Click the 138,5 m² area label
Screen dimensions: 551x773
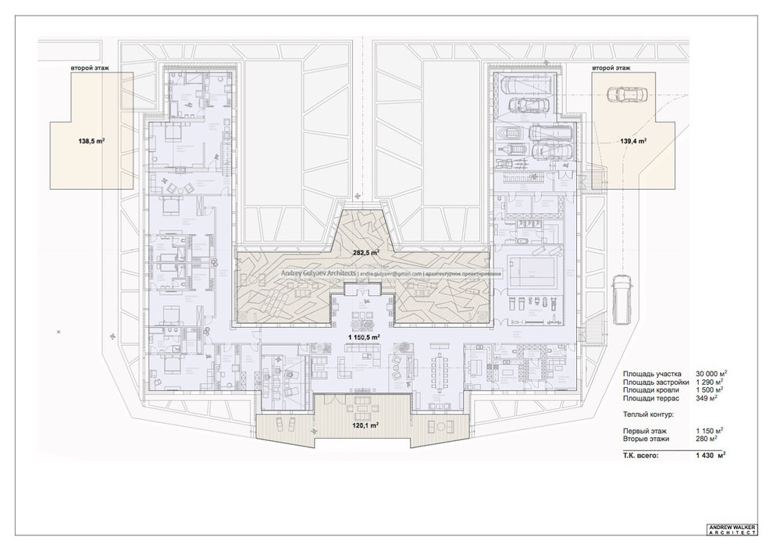(x=92, y=141)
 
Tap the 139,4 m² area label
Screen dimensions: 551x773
(x=632, y=141)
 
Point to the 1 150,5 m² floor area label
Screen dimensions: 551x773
(x=364, y=336)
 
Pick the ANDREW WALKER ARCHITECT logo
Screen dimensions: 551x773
(x=732, y=529)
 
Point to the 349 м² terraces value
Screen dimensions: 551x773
(x=706, y=398)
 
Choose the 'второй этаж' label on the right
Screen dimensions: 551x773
(x=613, y=69)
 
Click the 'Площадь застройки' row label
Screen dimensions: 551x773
(x=656, y=382)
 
